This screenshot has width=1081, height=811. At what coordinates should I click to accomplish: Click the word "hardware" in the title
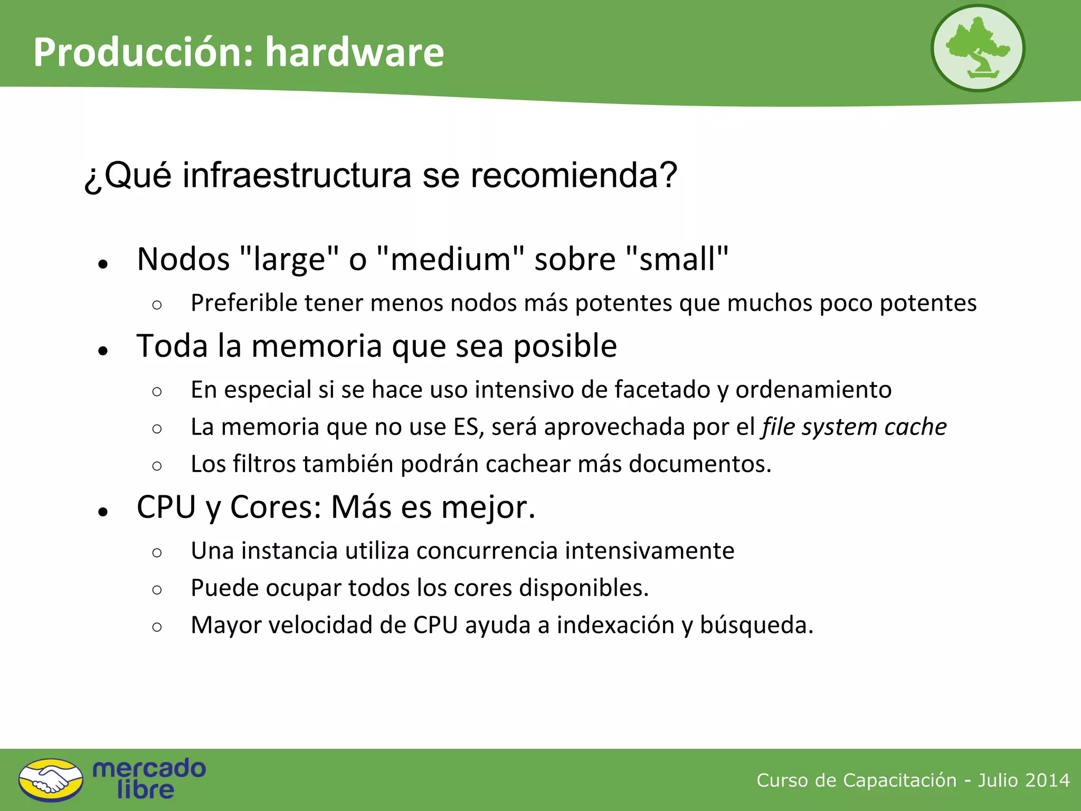pyautogui.click(x=354, y=52)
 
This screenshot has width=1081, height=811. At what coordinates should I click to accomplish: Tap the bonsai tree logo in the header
pyautogui.click(x=978, y=49)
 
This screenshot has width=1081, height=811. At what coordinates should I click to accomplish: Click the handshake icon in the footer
pyautogui.click(x=51, y=780)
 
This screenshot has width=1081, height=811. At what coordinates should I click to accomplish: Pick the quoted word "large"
pyautogui.click(x=289, y=259)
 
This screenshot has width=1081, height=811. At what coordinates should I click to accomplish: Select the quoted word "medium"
pyautogui.click(x=451, y=259)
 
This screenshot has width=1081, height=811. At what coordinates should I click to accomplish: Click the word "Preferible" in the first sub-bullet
pyautogui.click(x=244, y=303)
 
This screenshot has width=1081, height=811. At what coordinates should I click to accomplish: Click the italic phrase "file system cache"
pyautogui.click(x=854, y=427)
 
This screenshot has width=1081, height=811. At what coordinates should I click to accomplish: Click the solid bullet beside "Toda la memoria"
pyautogui.click(x=103, y=351)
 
